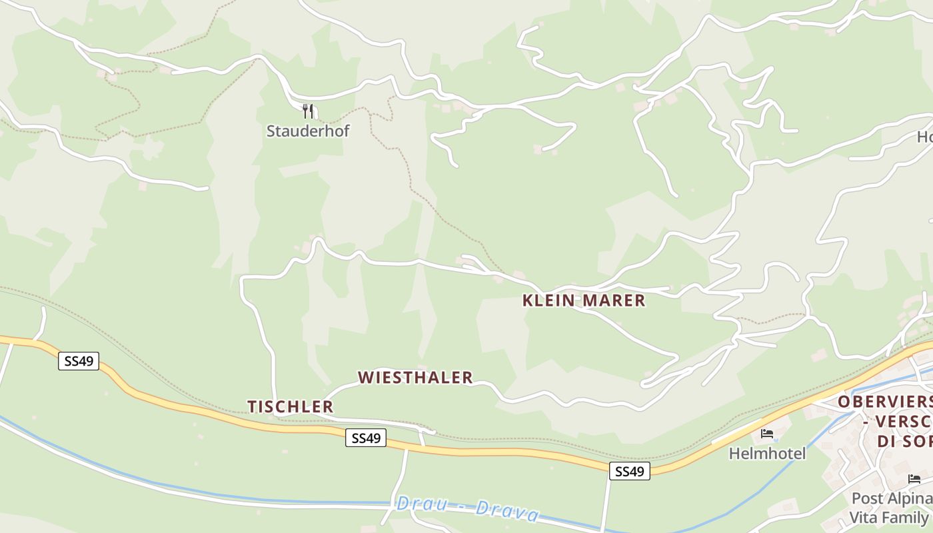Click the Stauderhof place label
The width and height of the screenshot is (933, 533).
point(308,131)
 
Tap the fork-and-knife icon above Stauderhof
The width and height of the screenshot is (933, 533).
point(308,111)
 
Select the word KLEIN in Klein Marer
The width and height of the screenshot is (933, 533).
point(548,300)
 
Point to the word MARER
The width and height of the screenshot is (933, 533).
point(614,300)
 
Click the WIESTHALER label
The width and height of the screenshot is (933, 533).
point(415,378)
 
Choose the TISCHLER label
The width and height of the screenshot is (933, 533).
point(291,406)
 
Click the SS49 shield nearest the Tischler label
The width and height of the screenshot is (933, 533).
point(366,438)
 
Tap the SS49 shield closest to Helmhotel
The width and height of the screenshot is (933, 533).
point(629,471)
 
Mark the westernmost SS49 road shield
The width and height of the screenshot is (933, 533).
point(79,361)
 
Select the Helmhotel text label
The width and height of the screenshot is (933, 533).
point(767,454)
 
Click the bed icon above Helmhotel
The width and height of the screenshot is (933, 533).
point(767,434)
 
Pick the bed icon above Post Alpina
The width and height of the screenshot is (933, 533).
point(914,479)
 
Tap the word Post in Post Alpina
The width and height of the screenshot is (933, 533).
point(866,498)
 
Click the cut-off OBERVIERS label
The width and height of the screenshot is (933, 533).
point(885,402)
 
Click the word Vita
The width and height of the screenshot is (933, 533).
point(864,517)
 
